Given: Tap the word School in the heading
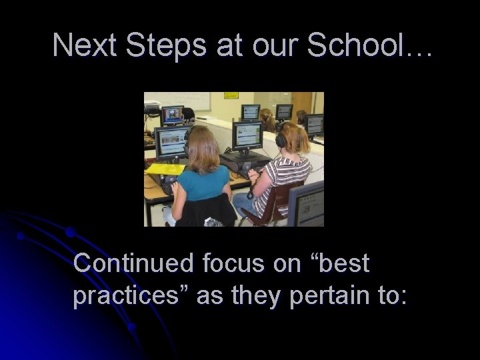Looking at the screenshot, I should point(361,45).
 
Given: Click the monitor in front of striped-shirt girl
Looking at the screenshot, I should point(248,136).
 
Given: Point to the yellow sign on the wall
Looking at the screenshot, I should point(231,95).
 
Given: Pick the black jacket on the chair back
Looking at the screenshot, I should point(205,209).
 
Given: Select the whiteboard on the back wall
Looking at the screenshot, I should point(191,101).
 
